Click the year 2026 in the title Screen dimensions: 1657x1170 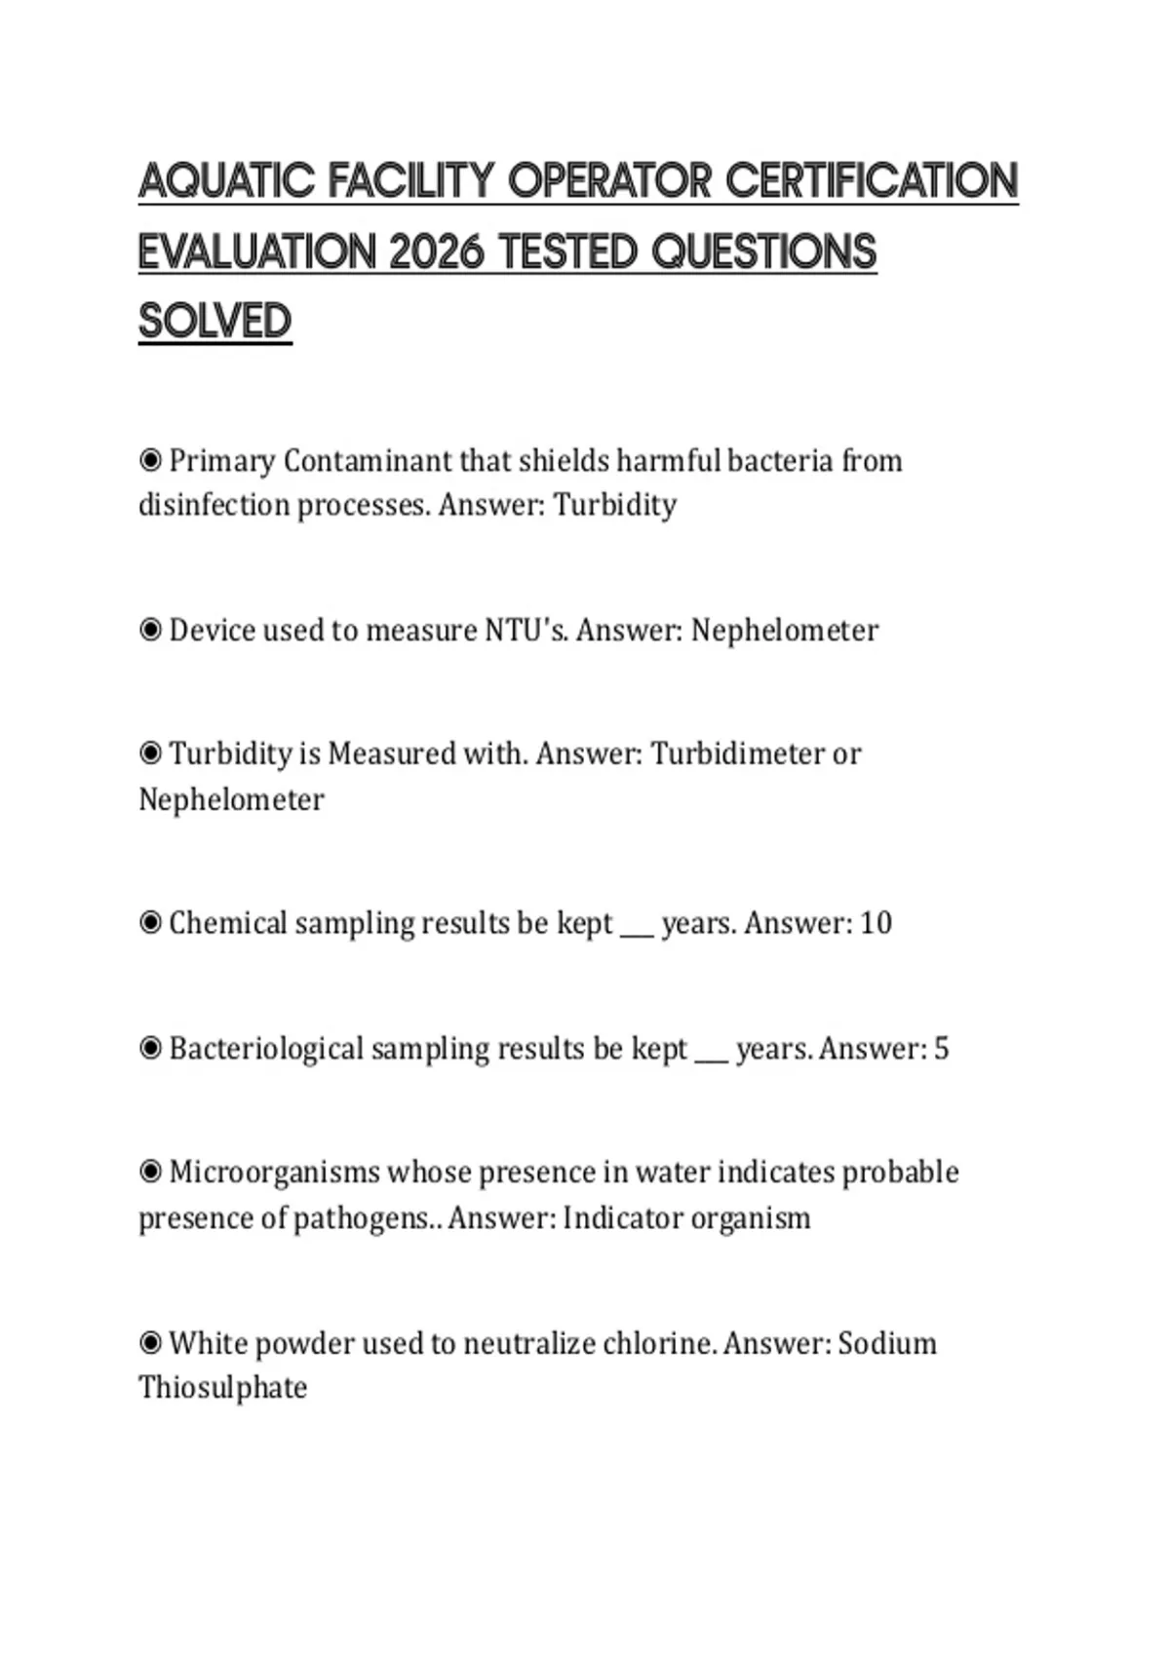436,252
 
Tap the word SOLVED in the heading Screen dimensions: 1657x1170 215,322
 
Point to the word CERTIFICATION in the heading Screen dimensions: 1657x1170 872,181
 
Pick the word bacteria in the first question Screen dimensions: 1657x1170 780,460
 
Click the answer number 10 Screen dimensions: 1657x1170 876,923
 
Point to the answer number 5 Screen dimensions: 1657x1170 941,1049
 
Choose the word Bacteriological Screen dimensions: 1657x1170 266,1049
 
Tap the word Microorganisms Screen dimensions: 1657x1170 274,1172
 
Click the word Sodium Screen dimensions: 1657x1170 887,1343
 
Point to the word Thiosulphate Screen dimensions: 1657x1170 222,1387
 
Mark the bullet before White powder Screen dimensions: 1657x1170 150,1343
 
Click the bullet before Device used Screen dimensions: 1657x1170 150,631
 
